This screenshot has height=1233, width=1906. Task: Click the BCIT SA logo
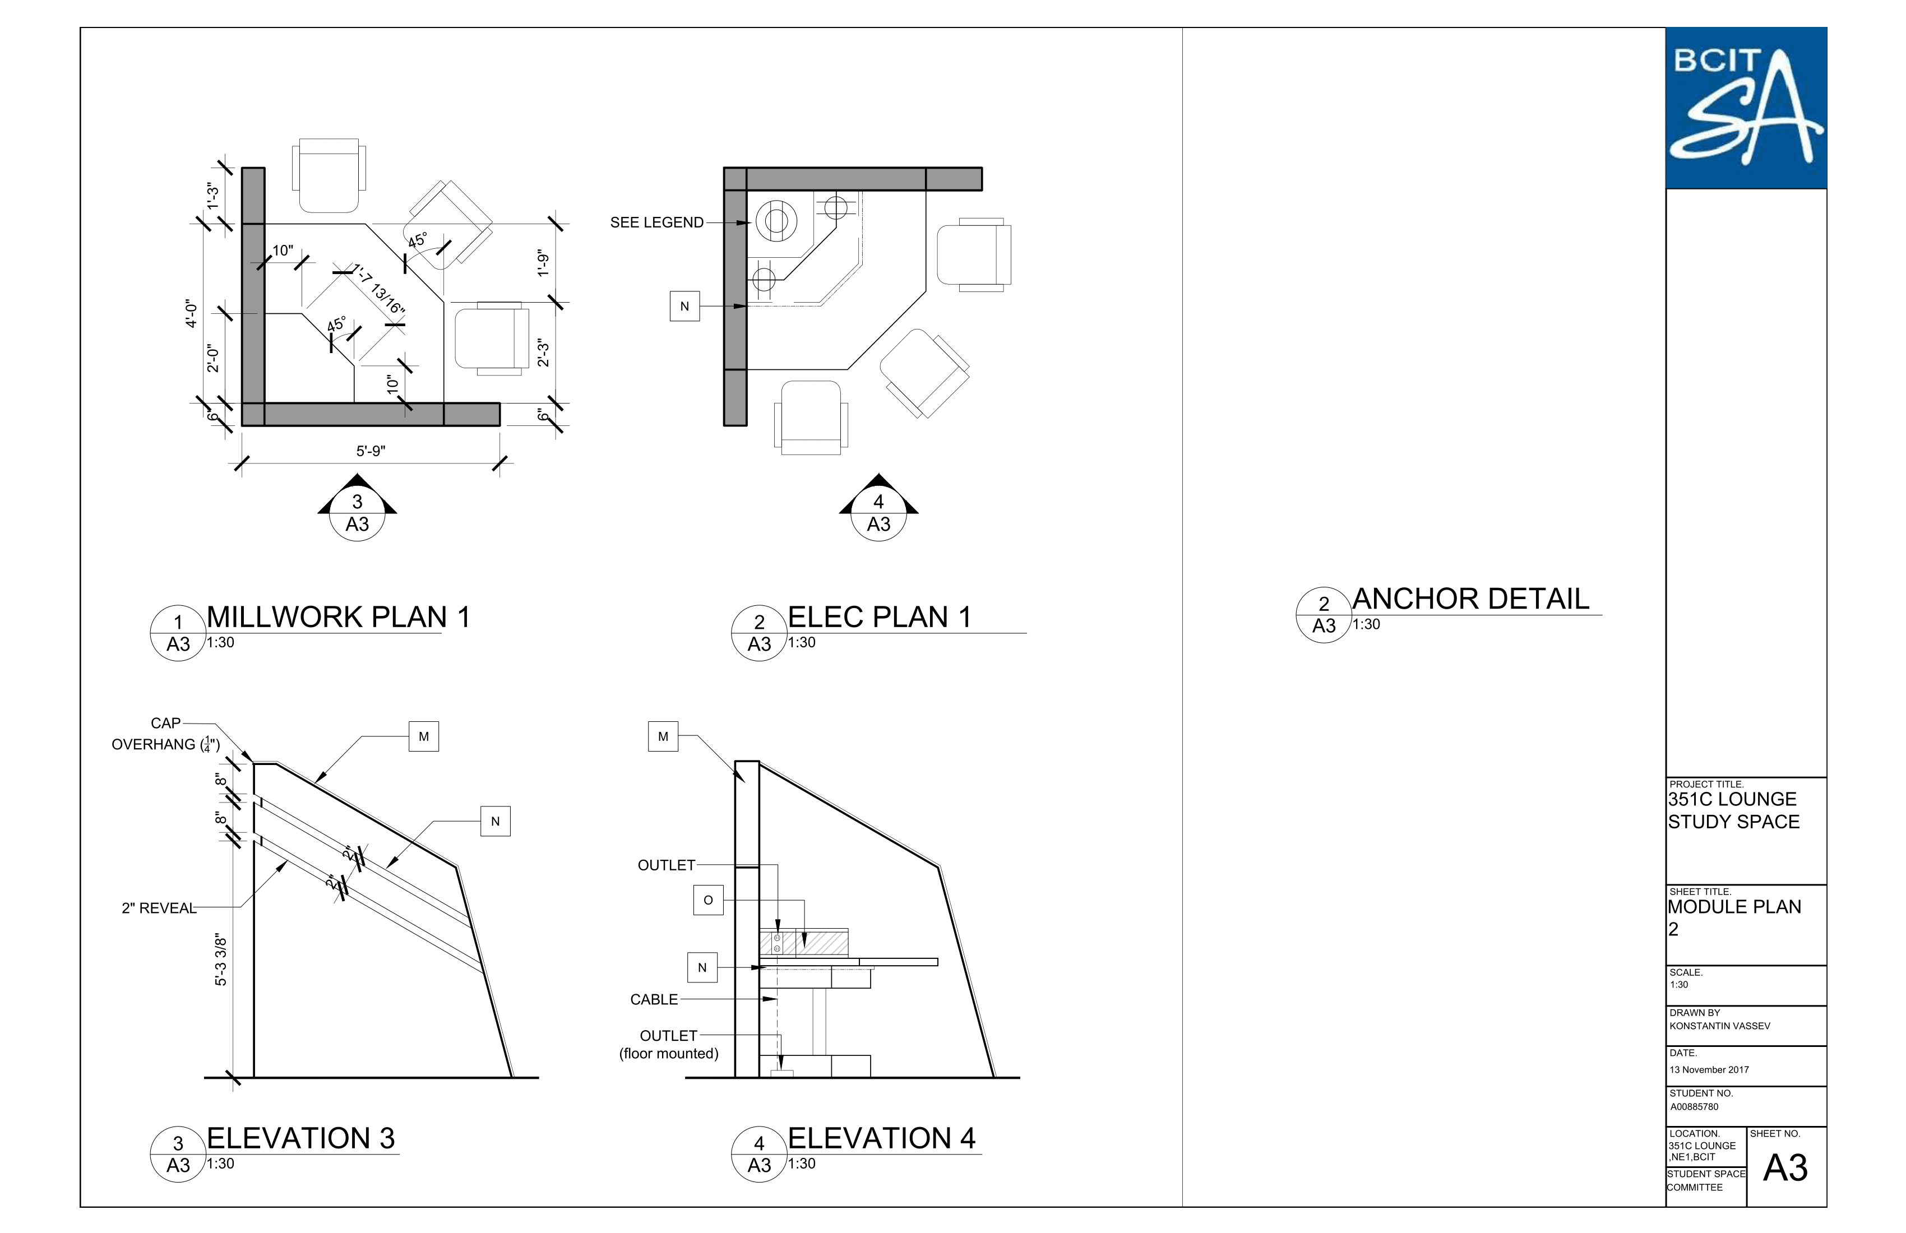click(1745, 108)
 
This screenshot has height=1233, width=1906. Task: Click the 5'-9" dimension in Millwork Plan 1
click(371, 451)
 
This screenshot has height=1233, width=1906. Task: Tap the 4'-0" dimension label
click(191, 314)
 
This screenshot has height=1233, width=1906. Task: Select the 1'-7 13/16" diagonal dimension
click(380, 289)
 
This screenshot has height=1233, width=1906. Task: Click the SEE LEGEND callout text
click(656, 223)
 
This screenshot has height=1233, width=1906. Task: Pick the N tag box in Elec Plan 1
click(684, 306)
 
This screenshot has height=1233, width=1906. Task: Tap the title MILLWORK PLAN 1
click(338, 616)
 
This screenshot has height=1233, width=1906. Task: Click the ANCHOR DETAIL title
click(1470, 599)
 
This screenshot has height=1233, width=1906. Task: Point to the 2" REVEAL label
click(159, 908)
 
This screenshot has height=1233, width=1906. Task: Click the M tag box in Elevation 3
click(424, 736)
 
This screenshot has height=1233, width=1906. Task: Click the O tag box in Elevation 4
click(708, 900)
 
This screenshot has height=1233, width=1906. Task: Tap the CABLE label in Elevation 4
click(654, 999)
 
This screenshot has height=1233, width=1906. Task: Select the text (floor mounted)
click(669, 1054)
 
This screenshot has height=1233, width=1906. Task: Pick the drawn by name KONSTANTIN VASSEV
click(1719, 1026)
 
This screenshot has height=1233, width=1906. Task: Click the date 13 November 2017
click(1709, 1070)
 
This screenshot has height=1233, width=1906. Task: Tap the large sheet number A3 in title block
click(1785, 1168)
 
